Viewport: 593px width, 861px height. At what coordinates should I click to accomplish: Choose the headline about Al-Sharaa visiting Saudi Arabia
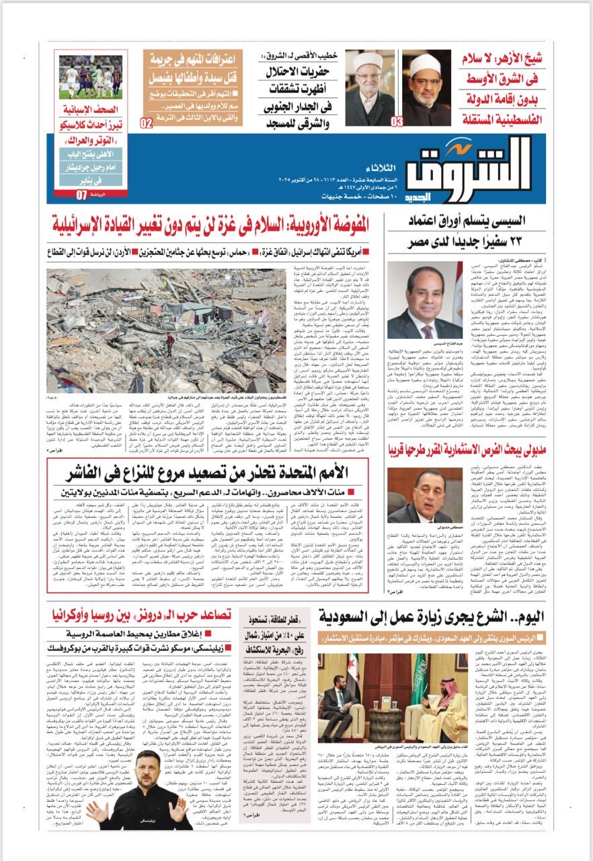pyautogui.click(x=430, y=615)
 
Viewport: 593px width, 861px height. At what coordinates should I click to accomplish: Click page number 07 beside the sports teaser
pyautogui.click(x=82, y=195)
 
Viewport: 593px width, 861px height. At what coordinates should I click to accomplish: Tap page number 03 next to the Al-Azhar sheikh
pyautogui.click(x=397, y=121)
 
